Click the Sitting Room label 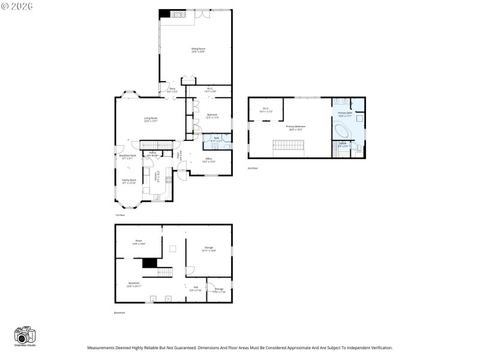(x=198, y=50)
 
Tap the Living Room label (x=150, y=119)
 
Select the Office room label (x=209, y=160)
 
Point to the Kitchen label (x=157, y=177)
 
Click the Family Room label (x=130, y=181)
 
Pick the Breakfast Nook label (x=127, y=157)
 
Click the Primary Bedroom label (x=295, y=127)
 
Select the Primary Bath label (x=344, y=113)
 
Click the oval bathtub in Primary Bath (x=343, y=131)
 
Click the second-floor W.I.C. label (x=265, y=110)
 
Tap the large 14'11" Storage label (x=209, y=248)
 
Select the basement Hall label (x=196, y=289)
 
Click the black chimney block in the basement (x=149, y=263)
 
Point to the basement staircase (x=166, y=274)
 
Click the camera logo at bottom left (x=25, y=336)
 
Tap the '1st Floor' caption (x=120, y=215)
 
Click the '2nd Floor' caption (x=253, y=169)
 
